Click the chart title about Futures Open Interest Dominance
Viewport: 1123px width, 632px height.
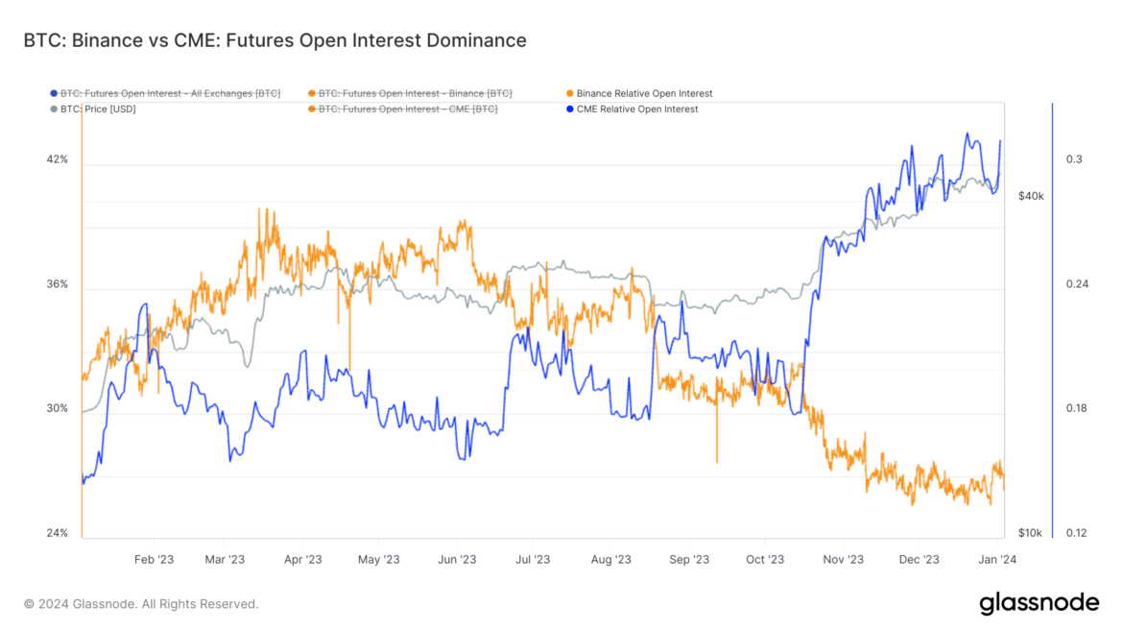tap(275, 40)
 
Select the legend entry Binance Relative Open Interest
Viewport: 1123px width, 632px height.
tap(644, 93)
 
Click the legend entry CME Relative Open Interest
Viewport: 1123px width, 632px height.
tap(636, 109)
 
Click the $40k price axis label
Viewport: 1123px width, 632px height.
tap(1030, 196)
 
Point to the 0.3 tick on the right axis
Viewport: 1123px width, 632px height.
tap(1074, 159)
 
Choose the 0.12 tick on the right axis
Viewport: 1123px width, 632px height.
tap(1077, 533)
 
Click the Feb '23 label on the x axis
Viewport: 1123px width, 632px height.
tap(154, 559)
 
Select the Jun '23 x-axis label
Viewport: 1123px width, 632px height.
tap(457, 559)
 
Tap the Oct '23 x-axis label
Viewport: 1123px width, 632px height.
tap(765, 559)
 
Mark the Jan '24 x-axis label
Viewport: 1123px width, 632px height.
tap(997, 559)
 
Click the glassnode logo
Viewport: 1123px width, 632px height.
tap(1039, 604)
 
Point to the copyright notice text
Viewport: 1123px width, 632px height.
tap(141, 604)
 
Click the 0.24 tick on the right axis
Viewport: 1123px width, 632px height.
tap(1077, 284)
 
